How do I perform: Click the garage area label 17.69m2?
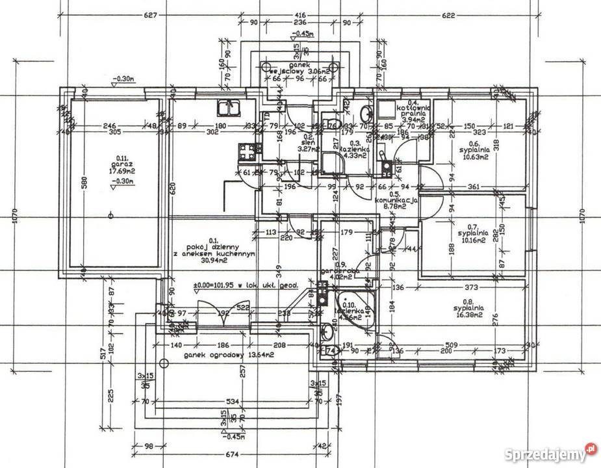pyautogui.click(x=120, y=172)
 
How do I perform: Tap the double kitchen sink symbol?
pyautogui.click(x=228, y=109)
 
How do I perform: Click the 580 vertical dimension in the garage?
pyautogui.click(x=83, y=183)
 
